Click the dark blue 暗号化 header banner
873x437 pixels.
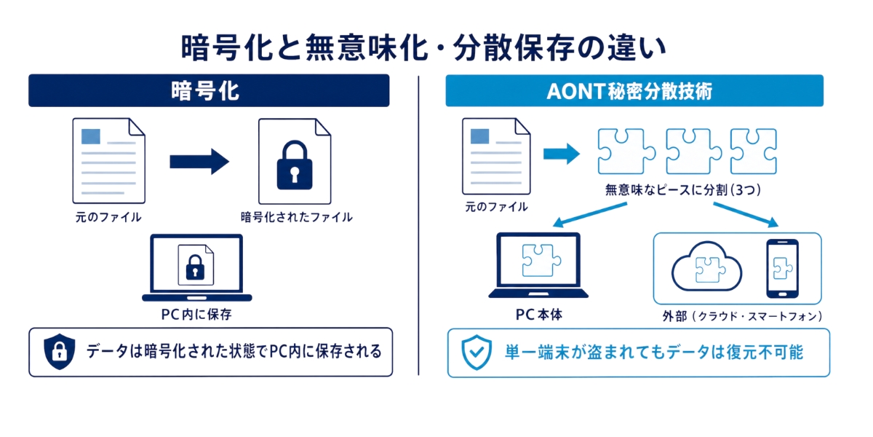coord(209,90)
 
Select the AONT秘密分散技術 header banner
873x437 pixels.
coord(634,90)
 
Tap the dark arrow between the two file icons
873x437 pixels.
coord(199,161)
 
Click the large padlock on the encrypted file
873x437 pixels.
coord(295,165)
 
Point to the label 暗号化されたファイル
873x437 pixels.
coord(297,217)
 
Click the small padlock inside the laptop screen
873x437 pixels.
coord(195,267)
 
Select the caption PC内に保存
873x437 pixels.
coord(196,315)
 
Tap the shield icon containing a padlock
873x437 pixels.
coord(59,352)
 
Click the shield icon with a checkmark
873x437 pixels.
coord(477,352)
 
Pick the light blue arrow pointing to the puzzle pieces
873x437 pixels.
coord(561,154)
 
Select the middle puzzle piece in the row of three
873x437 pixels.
coord(694,151)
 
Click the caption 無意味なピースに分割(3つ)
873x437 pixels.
coord(683,190)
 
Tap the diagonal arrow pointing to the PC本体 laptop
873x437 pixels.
coord(590,215)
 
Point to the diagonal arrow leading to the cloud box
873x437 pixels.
coord(746,215)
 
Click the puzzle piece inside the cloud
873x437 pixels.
coord(710,269)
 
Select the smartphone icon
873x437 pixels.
coord(782,269)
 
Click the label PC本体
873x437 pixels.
coord(539,315)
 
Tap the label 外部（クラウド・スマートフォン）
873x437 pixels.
coord(743,316)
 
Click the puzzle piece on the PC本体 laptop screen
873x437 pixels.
coord(541,260)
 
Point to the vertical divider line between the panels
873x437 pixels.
coord(418,226)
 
